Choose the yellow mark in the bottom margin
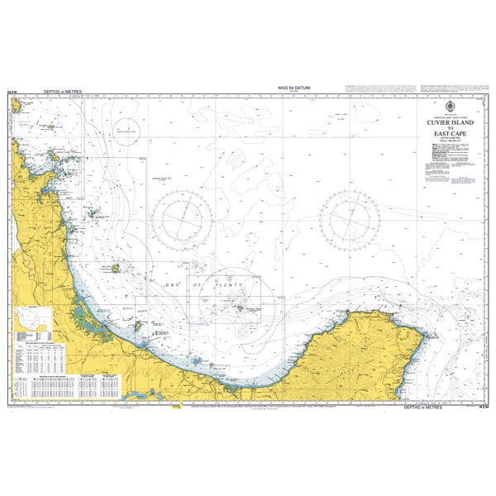tap(175, 406)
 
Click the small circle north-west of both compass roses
tap(126, 132)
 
